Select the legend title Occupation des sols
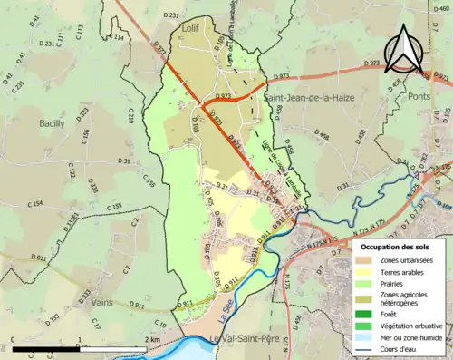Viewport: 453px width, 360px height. pos(396,246)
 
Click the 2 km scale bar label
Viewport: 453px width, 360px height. pos(155,340)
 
